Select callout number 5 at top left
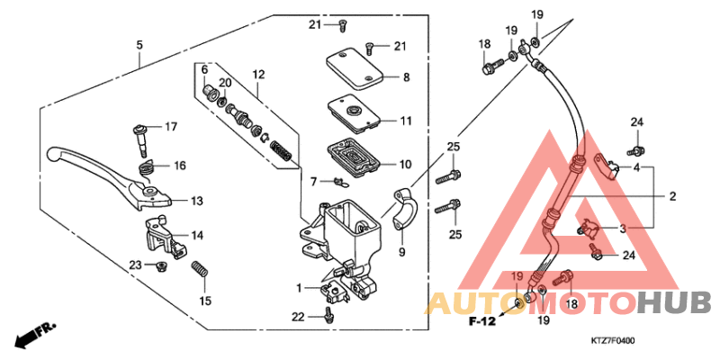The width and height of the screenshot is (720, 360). [x=139, y=44]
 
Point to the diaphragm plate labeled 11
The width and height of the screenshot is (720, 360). [x=354, y=112]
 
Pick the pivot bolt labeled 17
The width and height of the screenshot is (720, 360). [x=139, y=136]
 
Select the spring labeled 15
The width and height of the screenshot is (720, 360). [x=200, y=269]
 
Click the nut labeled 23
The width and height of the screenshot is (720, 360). [x=160, y=265]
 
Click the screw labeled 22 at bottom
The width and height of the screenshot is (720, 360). [x=330, y=314]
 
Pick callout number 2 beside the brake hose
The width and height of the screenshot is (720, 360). [x=671, y=195]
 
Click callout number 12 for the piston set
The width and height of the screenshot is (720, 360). [x=258, y=74]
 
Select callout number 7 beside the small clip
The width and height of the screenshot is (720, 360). [x=314, y=182]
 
